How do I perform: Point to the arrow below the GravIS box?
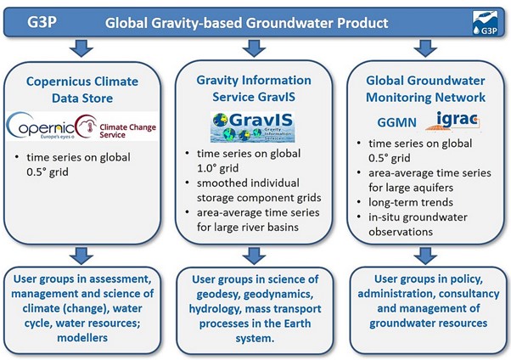point(254,253)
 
